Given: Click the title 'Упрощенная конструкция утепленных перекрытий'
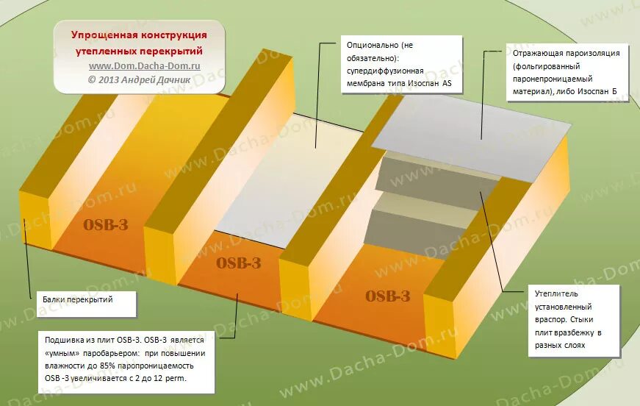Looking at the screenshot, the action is pyautogui.click(x=139, y=43).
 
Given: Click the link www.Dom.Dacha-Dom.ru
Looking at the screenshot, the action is pyautogui.click(x=139, y=65).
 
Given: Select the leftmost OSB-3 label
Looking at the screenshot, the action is pyautogui.click(x=106, y=225).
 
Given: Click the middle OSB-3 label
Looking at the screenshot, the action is pyautogui.click(x=239, y=263).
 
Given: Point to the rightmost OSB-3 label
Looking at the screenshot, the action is pyautogui.click(x=387, y=296).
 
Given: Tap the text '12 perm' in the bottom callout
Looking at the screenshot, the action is pyautogui.click(x=173, y=378).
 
